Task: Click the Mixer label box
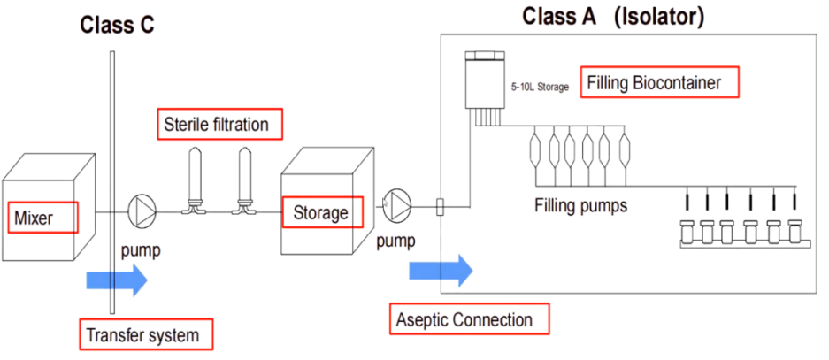click(42, 216)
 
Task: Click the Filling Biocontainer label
click(658, 83)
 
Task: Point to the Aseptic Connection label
click(469, 318)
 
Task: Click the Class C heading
click(118, 25)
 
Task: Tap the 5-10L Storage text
click(540, 87)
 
